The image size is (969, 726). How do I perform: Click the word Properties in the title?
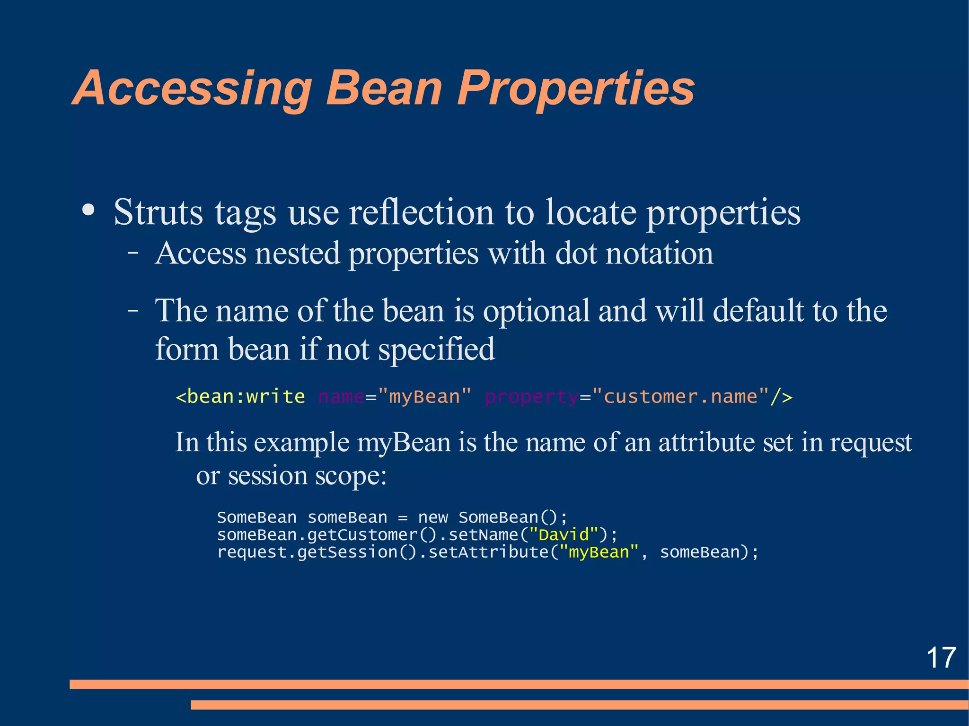point(575,89)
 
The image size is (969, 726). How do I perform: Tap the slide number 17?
point(941,657)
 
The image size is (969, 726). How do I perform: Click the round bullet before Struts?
point(88,210)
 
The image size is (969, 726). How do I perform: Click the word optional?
point(536,311)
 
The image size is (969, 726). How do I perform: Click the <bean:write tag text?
point(240,396)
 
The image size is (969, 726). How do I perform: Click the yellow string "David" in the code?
point(564,535)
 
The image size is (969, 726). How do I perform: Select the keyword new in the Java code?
point(432,517)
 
